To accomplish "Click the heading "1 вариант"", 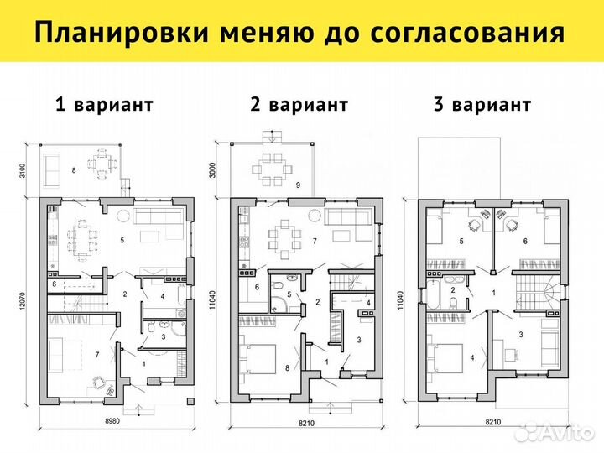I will [103, 105].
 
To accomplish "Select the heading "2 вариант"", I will [299, 105].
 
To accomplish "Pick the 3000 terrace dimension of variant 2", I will [215, 172].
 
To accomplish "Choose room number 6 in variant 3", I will [525, 242].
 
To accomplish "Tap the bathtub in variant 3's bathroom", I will [440, 292].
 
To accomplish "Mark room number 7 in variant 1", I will [98, 355].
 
